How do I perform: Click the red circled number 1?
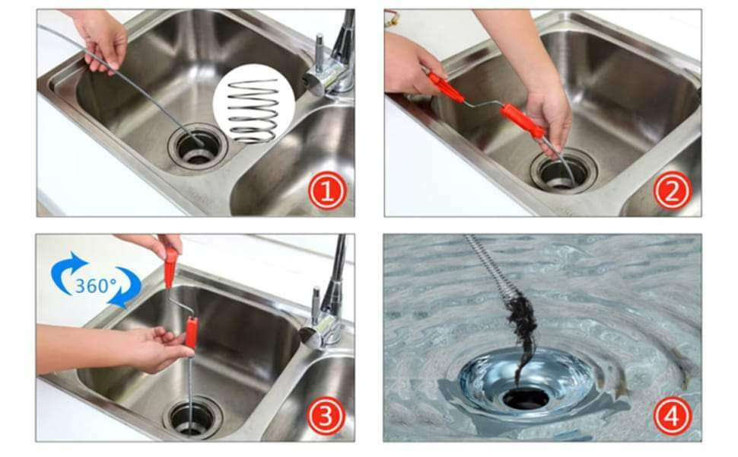pyautogui.click(x=327, y=191)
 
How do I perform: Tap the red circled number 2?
pyautogui.click(x=673, y=190)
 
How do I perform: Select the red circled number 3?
pyautogui.click(x=326, y=416)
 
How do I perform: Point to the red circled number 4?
pyautogui.click(x=673, y=416)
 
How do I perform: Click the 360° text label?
pyautogui.click(x=96, y=286)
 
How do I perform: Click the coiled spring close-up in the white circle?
pyautogui.click(x=253, y=110)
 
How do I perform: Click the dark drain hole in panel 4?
pyautogui.click(x=526, y=398)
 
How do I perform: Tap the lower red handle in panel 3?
pyautogui.click(x=191, y=333)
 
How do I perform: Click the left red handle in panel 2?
pyautogui.click(x=446, y=87)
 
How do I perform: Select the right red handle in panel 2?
pyautogui.click(x=523, y=121)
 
